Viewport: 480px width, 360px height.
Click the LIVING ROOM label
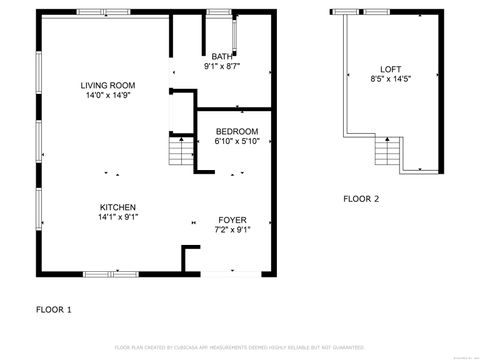(108, 86)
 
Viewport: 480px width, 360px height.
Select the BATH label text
(221, 57)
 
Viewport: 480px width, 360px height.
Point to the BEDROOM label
(237, 131)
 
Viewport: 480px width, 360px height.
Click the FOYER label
(233, 219)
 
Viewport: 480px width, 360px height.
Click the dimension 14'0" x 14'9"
(108, 97)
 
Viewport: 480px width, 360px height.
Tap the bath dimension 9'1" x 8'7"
(221, 67)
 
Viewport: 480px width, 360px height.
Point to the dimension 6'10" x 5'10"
(237, 142)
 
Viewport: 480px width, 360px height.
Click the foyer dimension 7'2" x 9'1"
(233, 229)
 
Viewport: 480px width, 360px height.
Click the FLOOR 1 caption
(54, 309)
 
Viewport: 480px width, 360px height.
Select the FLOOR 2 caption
(361, 199)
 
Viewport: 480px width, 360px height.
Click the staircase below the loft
(386, 153)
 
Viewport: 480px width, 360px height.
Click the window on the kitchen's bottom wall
(104, 273)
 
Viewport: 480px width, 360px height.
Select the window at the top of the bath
(219, 12)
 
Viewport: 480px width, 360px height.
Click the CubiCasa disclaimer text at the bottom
(239, 347)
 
